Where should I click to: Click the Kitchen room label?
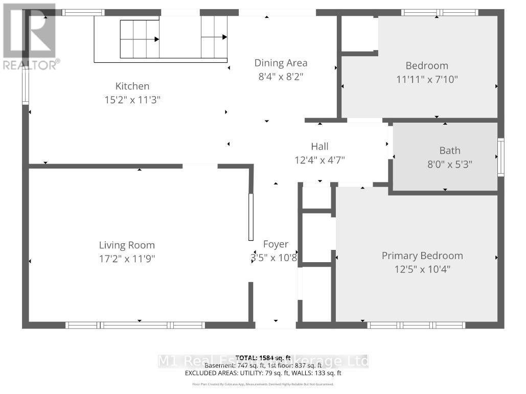coord(132,86)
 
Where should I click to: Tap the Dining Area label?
coord(281,63)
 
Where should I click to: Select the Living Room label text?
coord(127,245)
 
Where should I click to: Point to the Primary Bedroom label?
coord(422,256)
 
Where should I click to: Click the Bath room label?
coord(450,150)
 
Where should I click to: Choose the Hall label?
coord(319,147)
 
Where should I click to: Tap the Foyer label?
coord(276,244)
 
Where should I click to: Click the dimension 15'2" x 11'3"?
coord(132,100)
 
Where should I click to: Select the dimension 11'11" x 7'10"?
coord(427,79)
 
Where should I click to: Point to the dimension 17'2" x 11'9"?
coord(127,259)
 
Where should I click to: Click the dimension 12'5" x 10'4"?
coord(422,269)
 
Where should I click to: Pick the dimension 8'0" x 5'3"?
coord(450,165)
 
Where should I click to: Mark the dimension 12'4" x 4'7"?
coord(319,160)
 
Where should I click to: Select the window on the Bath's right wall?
coord(501,157)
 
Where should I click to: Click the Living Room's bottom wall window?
coord(135,325)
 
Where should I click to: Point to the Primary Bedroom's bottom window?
coord(416,325)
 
